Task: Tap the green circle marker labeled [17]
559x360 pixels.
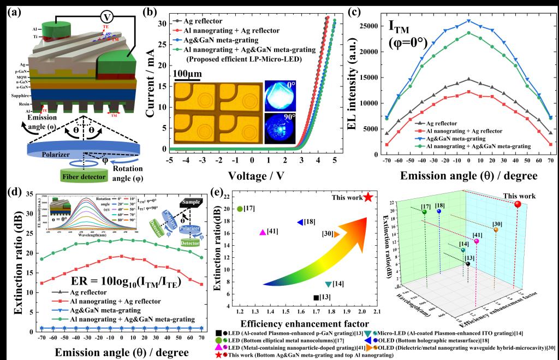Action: pos(240,209)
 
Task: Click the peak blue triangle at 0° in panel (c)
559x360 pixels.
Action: pos(468,21)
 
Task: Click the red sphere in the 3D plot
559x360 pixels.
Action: pos(518,204)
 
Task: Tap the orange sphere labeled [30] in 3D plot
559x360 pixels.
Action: pos(495,229)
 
